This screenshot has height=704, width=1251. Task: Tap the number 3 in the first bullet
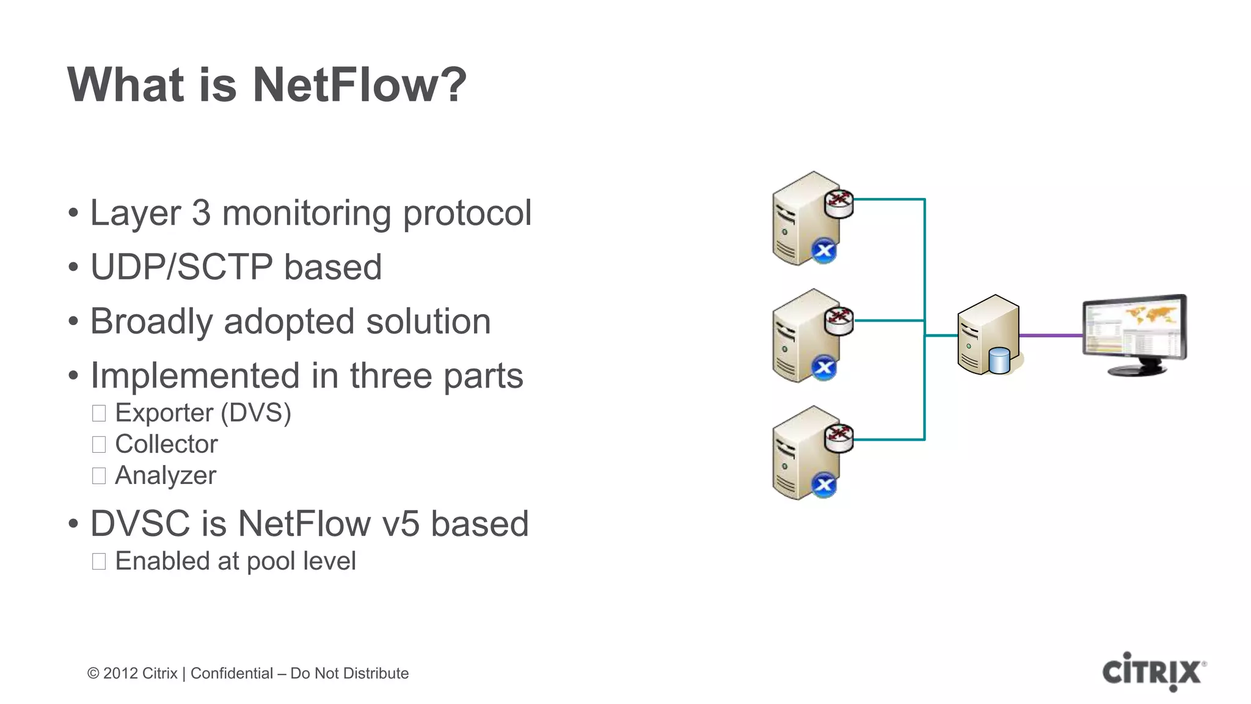[201, 213]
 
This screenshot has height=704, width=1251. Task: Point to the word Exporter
[164, 413]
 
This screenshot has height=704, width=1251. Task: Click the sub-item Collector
[166, 444]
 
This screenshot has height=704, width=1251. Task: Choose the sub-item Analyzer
[166, 475]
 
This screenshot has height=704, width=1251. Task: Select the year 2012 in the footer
[120, 673]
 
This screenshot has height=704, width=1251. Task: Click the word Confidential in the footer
[232, 673]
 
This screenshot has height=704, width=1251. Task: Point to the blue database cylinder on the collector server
[999, 360]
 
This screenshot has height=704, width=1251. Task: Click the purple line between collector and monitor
[1051, 335]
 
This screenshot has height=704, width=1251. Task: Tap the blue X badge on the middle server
[824, 368]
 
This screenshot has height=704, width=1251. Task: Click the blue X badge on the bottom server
[824, 485]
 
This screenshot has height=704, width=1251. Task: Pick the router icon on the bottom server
[839, 437]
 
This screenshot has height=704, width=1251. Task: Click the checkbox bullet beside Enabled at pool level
[99, 561]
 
